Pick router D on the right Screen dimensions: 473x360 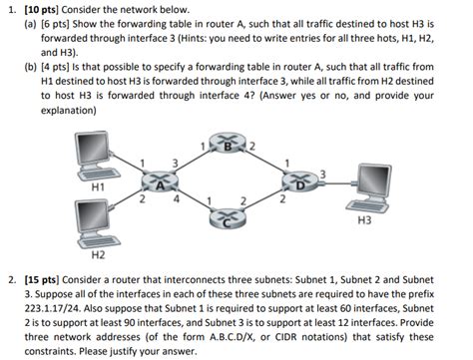click(x=299, y=183)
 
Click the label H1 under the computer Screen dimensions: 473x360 click(x=98, y=185)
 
